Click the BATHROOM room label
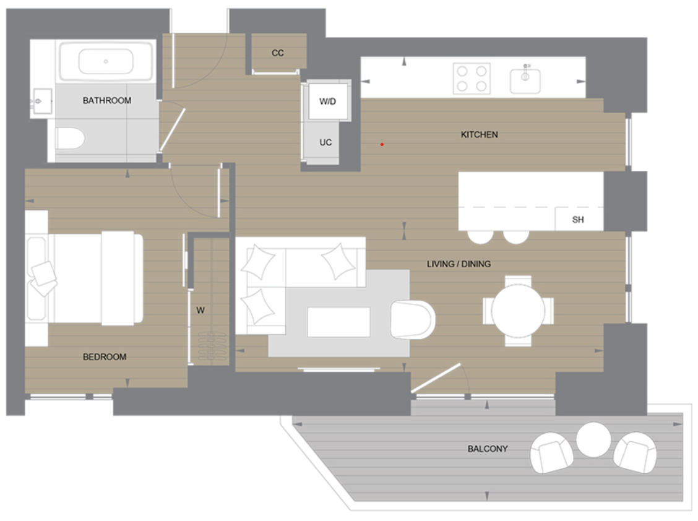(107, 100)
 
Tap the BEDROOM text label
(105, 357)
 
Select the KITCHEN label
(479, 134)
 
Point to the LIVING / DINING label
(459, 264)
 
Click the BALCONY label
(488, 449)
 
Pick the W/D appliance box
(327, 101)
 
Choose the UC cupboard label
(325, 142)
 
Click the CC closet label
(278, 53)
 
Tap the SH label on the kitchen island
(578, 220)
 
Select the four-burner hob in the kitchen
(472, 79)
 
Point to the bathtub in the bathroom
(106, 62)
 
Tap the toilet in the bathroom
(69, 139)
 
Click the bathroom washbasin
(41, 99)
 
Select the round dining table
(518, 311)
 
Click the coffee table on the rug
(338, 322)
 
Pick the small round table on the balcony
(593, 439)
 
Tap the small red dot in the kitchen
(382, 145)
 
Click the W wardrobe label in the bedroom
(200, 311)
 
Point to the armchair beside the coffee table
(412, 319)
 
